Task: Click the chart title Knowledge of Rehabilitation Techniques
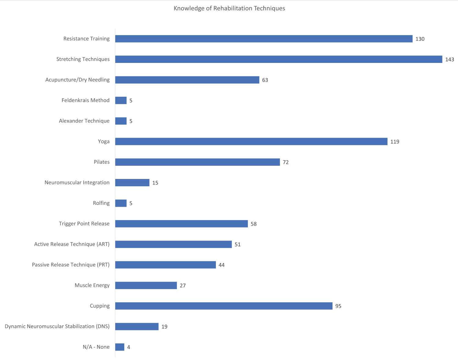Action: click(229, 8)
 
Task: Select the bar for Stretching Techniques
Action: click(278, 59)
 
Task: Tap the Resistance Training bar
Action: click(264, 39)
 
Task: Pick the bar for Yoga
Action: click(251, 141)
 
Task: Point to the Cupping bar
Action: click(224, 306)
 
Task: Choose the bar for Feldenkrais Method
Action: click(121, 100)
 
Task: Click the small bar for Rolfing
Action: click(121, 203)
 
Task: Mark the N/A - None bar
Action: click(120, 347)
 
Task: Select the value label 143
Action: click(449, 60)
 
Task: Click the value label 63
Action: click(265, 80)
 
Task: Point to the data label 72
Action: click(285, 162)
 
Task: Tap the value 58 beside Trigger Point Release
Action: click(253, 224)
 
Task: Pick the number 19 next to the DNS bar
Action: click(164, 327)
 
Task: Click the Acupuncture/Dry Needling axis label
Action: click(78, 80)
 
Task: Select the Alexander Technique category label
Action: click(84, 121)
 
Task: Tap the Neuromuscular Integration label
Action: click(77, 183)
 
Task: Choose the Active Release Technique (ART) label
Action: click(72, 244)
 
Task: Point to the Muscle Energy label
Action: click(92, 285)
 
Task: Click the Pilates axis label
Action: click(102, 162)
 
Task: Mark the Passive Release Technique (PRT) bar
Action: click(165, 265)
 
